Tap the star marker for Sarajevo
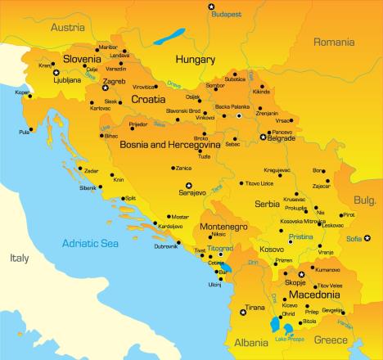[188, 186]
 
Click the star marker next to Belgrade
[263, 137]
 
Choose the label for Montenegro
[224, 226]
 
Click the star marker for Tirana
[241, 312]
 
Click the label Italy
[19, 258]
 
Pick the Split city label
[130, 198]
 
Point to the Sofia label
[353, 239]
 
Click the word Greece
[331, 340]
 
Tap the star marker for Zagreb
[105, 88]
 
